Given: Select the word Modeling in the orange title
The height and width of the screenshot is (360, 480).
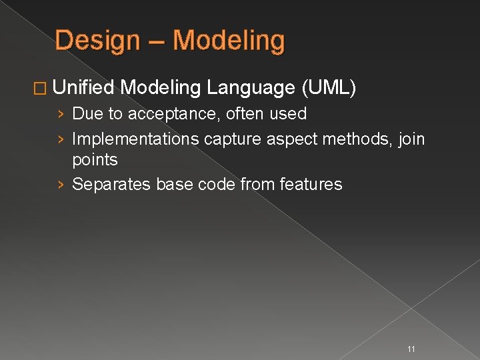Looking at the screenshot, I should [x=229, y=41].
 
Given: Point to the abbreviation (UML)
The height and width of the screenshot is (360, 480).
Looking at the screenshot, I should [x=329, y=87].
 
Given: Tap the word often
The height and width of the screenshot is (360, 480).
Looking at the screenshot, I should [x=245, y=114].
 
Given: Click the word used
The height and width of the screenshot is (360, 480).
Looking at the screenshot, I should [x=288, y=114].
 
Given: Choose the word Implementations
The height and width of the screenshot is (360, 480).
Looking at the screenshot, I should [x=135, y=139].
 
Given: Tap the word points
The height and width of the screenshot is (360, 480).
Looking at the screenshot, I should [x=95, y=161].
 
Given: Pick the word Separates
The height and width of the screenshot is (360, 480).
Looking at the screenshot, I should [x=111, y=185].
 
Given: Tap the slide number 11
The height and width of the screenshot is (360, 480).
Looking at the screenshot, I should [x=411, y=349].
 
